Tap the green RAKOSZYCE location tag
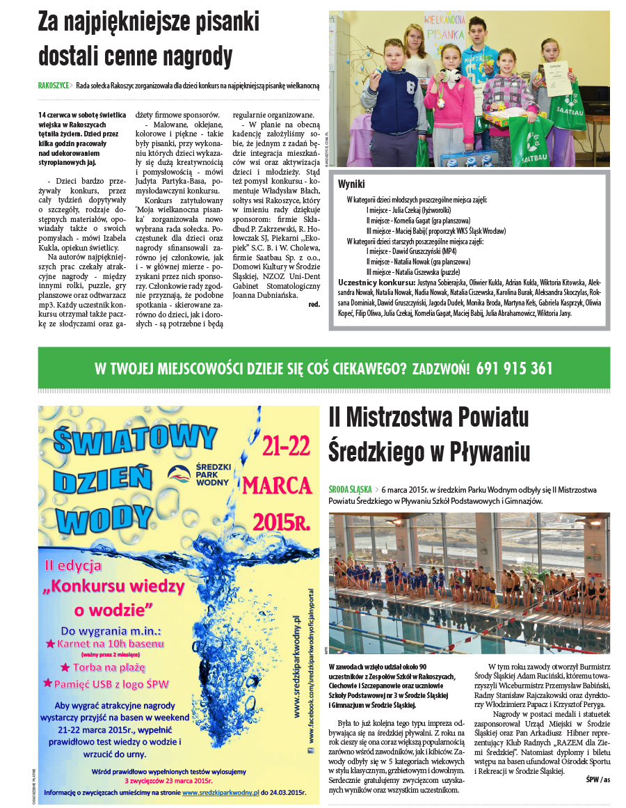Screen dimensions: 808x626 (54, 85)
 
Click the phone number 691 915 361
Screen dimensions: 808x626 (515, 367)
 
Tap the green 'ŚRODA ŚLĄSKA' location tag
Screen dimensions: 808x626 (350, 489)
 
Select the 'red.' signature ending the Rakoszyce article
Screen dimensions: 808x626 (314, 304)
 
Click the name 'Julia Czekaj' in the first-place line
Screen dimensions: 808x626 (408, 209)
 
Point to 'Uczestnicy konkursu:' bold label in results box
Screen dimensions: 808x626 (376, 283)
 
